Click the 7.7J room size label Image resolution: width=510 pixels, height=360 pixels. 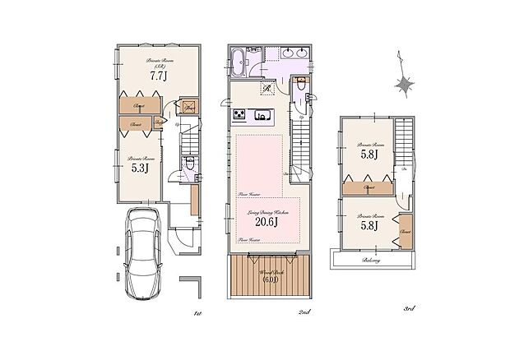click(x=158, y=76)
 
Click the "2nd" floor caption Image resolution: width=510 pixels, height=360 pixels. click(x=304, y=312)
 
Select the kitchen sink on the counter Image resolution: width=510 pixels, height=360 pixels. click(x=264, y=115)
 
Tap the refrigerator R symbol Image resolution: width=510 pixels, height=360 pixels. click(x=268, y=89)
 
